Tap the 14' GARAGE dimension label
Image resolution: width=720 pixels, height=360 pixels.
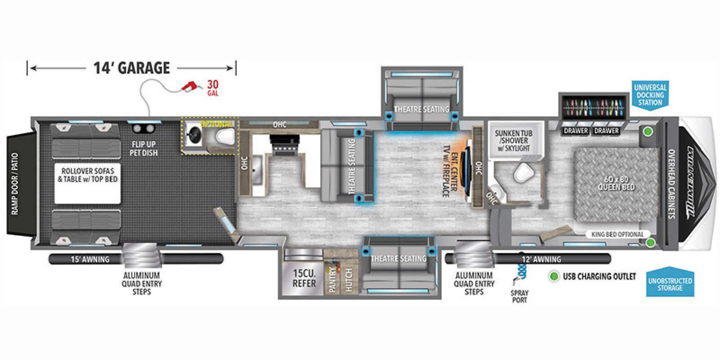131,68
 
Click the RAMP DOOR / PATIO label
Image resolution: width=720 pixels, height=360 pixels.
15,183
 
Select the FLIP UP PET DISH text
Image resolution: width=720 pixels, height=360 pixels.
144,148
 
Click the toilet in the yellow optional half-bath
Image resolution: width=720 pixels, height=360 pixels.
225,136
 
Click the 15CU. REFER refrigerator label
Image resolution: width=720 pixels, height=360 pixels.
304,278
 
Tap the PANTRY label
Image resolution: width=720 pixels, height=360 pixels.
333,280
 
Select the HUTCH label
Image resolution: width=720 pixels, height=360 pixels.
349,280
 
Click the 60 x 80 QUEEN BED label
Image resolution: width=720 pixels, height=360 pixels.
616,183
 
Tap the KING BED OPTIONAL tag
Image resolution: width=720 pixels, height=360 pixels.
617,234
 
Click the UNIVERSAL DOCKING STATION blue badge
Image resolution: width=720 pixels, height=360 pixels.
650,95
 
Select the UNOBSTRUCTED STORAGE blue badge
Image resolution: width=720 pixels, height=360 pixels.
670,284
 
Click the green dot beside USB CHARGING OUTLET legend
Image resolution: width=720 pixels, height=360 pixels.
554,276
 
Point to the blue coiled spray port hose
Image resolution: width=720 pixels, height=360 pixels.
522,270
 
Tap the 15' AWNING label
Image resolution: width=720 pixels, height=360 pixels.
90,259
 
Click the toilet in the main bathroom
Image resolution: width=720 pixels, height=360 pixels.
523,172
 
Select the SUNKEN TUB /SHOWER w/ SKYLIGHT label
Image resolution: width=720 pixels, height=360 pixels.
513,140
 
